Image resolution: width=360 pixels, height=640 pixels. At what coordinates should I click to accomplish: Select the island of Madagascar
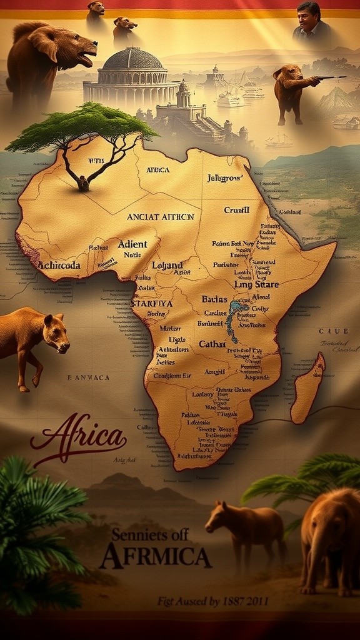coord(309,387)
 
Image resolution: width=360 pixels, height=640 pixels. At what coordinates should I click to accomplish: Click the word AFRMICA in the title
coord(155,555)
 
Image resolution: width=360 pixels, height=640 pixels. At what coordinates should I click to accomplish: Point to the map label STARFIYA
coord(151,303)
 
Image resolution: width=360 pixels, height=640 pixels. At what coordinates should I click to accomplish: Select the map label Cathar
coord(212,344)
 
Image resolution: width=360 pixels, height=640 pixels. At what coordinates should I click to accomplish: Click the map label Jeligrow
coord(225,178)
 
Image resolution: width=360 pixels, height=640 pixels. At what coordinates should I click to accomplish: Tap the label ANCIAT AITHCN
coord(161,217)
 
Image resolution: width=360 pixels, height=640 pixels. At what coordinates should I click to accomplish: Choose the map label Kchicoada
coord(59,265)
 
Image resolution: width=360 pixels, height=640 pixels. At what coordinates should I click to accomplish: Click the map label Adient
coord(132,244)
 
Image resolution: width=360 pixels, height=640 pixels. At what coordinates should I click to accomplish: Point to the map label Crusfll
coord(237,210)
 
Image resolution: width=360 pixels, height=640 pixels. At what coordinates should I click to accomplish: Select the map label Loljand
coord(167,265)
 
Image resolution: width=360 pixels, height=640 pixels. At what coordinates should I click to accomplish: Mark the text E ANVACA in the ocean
coord(88,377)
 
